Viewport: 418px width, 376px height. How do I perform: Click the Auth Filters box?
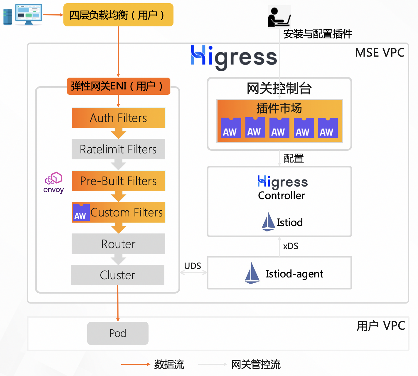pos(118,118)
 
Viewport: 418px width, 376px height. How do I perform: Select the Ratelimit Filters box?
pos(118,149)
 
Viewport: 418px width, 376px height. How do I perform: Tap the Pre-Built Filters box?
pos(118,181)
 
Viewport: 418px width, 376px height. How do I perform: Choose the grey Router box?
pos(118,244)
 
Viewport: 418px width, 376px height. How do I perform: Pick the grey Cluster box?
pos(117,275)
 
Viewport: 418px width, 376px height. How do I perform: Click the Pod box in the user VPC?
pos(118,333)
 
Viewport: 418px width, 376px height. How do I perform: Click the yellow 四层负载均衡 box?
pos(118,15)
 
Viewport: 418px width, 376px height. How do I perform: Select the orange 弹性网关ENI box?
pos(118,86)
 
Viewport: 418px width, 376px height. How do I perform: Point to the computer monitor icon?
pos(28,14)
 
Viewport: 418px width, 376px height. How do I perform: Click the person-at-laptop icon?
pos(279,17)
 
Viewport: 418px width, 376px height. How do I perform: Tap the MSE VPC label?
pos(380,53)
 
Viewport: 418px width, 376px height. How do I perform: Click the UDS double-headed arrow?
pos(193,273)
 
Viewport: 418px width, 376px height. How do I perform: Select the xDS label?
pos(291,246)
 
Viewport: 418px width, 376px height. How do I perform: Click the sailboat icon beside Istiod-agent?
pos(252,273)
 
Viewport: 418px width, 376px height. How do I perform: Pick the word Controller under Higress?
pos(282,196)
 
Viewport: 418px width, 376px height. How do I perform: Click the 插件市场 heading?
pos(279,108)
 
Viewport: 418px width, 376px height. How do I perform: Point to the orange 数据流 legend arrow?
pos(136,364)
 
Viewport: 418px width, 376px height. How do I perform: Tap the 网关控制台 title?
pos(279,88)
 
